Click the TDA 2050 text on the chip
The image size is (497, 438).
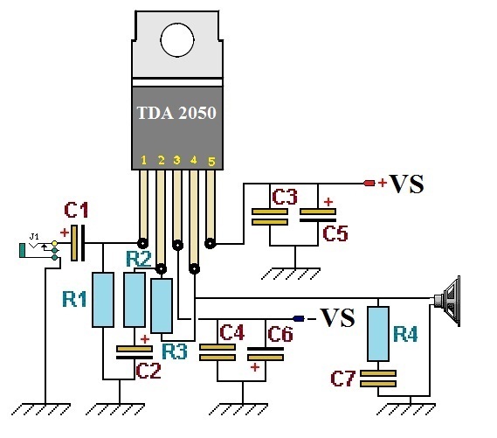click(176, 113)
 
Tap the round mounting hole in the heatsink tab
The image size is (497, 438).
click(177, 40)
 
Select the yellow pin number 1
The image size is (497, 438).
click(143, 160)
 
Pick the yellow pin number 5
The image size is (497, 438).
click(211, 162)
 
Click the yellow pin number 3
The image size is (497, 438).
click(176, 160)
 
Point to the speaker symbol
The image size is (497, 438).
click(447, 301)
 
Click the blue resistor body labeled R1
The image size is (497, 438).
click(103, 299)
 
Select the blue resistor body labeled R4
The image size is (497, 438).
click(378, 334)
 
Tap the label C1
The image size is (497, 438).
click(76, 210)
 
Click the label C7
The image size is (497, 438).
click(342, 379)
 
